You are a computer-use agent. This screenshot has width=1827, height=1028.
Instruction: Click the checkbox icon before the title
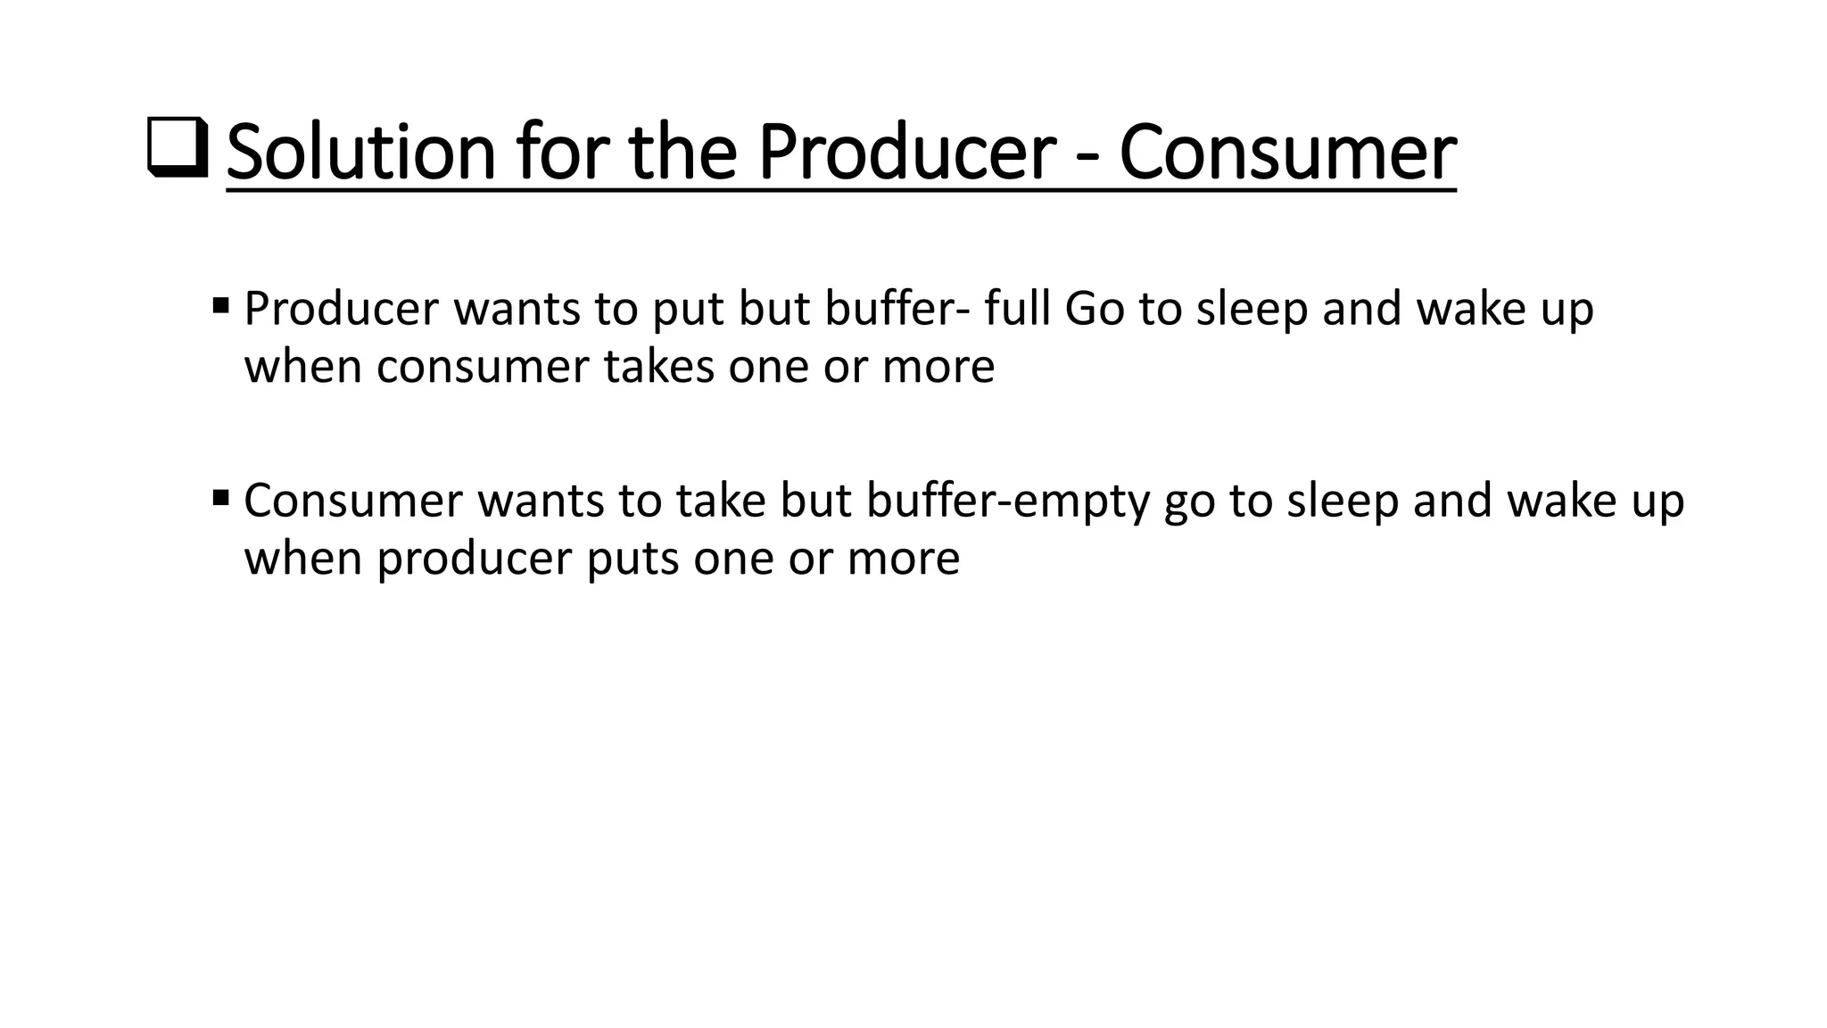[176, 148]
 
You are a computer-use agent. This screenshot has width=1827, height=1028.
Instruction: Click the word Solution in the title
[360, 153]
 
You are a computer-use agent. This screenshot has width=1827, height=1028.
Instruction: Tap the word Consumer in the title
[1287, 153]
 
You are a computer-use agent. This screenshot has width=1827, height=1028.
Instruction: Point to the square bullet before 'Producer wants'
[221, 306]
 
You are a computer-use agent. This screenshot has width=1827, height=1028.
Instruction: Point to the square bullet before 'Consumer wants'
[221, 496]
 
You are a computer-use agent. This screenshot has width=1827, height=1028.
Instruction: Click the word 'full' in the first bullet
[1018, 309]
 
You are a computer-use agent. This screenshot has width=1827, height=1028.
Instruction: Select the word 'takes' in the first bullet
[659, 367]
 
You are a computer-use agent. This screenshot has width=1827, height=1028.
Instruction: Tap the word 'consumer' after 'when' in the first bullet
[483, 367]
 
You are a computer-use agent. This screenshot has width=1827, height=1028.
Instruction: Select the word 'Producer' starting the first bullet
[342, 309]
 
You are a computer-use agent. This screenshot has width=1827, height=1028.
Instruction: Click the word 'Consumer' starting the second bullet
[354, 501]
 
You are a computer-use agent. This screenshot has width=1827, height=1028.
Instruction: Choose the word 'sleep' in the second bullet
[1343, 502]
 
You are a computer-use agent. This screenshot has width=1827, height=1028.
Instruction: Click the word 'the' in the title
[684, 153]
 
